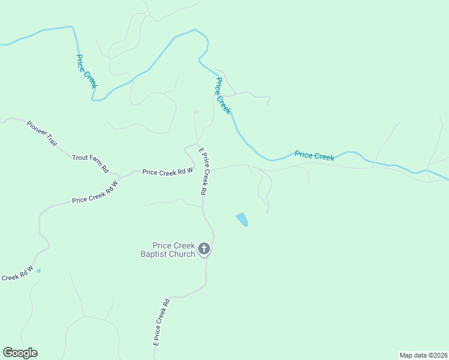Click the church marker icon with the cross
[x=204, y=249]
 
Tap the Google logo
[x=20, y=353]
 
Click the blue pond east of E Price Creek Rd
[x=242, y=220]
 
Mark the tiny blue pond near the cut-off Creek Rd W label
[x=38, y=271]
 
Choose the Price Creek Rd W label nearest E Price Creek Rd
[x=167, y=172]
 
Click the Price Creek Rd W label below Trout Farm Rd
[x=95, y=192]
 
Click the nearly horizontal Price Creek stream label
[x=315, y=156]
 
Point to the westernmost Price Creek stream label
[x=86, y=71]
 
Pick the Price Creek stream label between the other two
[x=223, y=96]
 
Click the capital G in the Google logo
[x=8, y=352]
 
